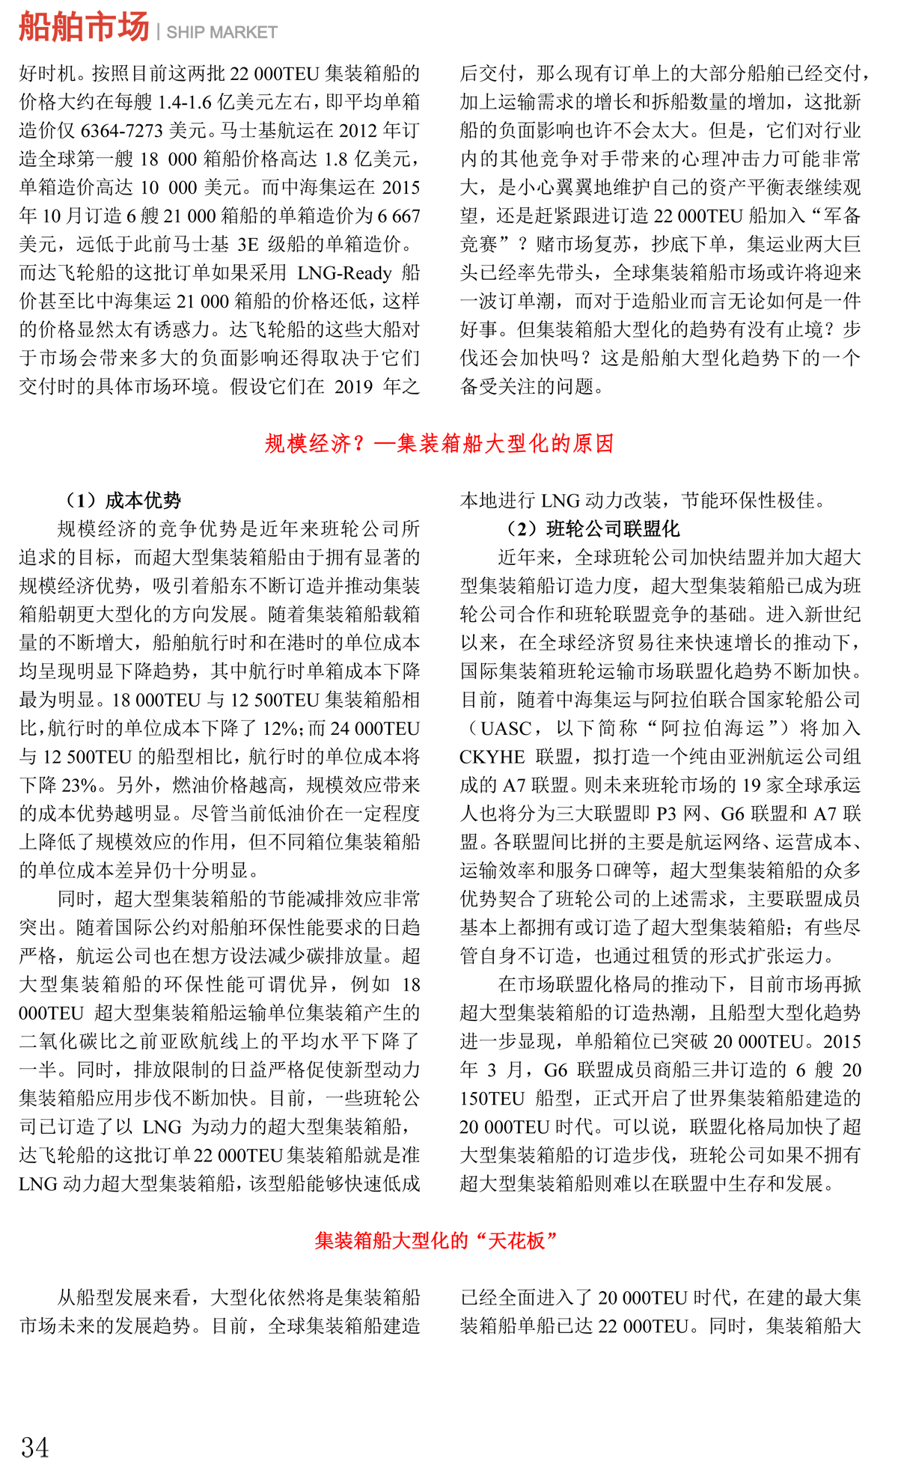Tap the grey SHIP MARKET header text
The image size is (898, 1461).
click(x=222, y=32)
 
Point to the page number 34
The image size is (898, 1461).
click(x=35, y=1447)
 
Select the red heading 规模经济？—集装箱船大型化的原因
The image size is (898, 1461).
click(x=439, y=444)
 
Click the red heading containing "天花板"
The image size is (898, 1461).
click(x=436, y=1240)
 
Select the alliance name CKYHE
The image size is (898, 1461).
click(x=492, y=757)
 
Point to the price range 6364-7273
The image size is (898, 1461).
click(x=121, y=131)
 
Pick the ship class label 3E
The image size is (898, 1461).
click(x=248, y=245)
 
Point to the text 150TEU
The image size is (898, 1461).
click(x=492, y=1099)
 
